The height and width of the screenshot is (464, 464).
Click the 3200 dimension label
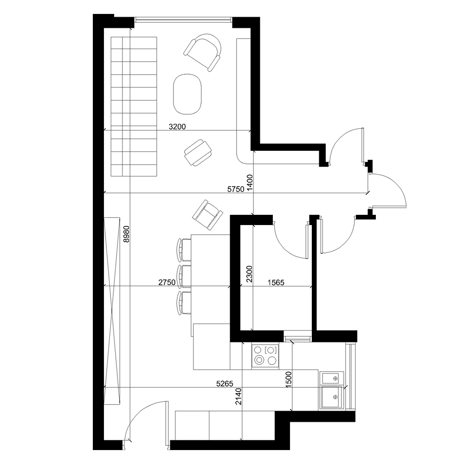177,127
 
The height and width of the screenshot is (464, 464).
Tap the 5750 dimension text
236,189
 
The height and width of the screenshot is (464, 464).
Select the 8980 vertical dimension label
126,234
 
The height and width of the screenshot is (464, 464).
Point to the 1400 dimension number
250,182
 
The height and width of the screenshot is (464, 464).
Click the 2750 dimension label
167,282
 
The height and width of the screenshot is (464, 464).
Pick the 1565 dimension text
276,283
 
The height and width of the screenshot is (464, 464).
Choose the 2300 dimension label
249,274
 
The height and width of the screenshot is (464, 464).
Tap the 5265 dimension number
225,384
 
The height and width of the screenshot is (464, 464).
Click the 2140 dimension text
238,397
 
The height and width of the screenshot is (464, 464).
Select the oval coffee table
187,94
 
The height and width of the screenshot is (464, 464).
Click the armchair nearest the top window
203,52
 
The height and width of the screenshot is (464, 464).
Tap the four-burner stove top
265,356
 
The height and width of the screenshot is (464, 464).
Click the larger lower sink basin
331,397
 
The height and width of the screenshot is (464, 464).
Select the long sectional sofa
134,107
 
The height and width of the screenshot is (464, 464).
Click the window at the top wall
183,19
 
